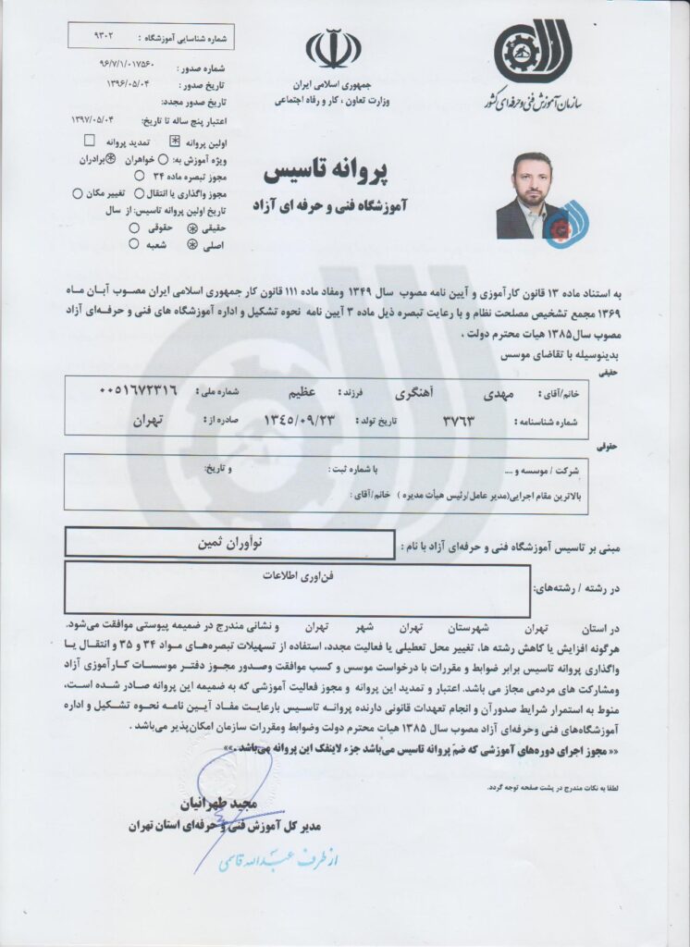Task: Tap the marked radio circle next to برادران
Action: click(110, 158)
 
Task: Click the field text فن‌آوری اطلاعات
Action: click(296, 573)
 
